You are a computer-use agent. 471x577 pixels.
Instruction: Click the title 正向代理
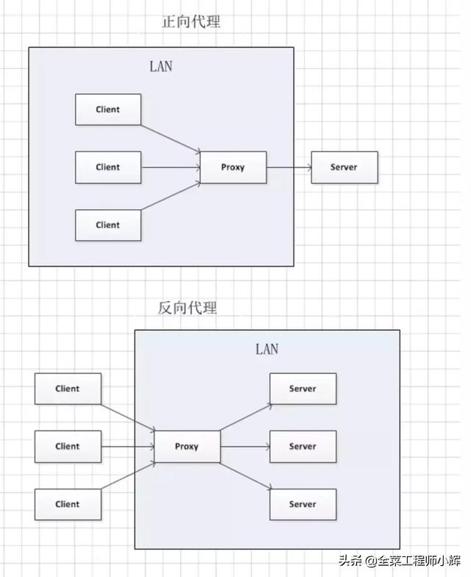coord(191,22)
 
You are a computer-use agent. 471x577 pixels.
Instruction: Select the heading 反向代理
coord(188,308)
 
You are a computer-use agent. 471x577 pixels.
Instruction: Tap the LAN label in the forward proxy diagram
coord(161,66)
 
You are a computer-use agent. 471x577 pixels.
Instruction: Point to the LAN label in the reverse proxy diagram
coord(266,349)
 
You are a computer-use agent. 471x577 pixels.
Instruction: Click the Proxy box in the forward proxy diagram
coord(233,167)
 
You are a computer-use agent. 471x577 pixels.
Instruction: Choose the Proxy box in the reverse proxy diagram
coord(187,446)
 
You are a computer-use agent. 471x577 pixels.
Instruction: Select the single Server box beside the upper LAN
coord(344,167)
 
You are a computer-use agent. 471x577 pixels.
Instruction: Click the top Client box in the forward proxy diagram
coord(108,110)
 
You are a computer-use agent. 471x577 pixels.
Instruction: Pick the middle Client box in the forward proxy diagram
coord(108,167)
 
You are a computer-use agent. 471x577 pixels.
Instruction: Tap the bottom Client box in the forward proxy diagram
coord(108,225)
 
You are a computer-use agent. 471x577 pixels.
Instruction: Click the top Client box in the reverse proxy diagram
coord(68,389)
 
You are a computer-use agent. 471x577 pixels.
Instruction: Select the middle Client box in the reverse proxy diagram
coord(68,446)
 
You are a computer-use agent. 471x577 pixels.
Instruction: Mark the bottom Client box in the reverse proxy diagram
coord(68,504)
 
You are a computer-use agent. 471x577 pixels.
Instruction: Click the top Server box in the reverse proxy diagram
coord(302,389)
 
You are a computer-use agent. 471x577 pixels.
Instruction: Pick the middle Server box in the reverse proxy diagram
coord(302,446)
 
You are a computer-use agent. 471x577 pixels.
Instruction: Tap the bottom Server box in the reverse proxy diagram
coord(302,504)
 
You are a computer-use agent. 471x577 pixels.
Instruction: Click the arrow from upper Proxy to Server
coord(288,168)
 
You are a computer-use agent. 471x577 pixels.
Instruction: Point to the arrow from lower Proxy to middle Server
coord(244,447)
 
